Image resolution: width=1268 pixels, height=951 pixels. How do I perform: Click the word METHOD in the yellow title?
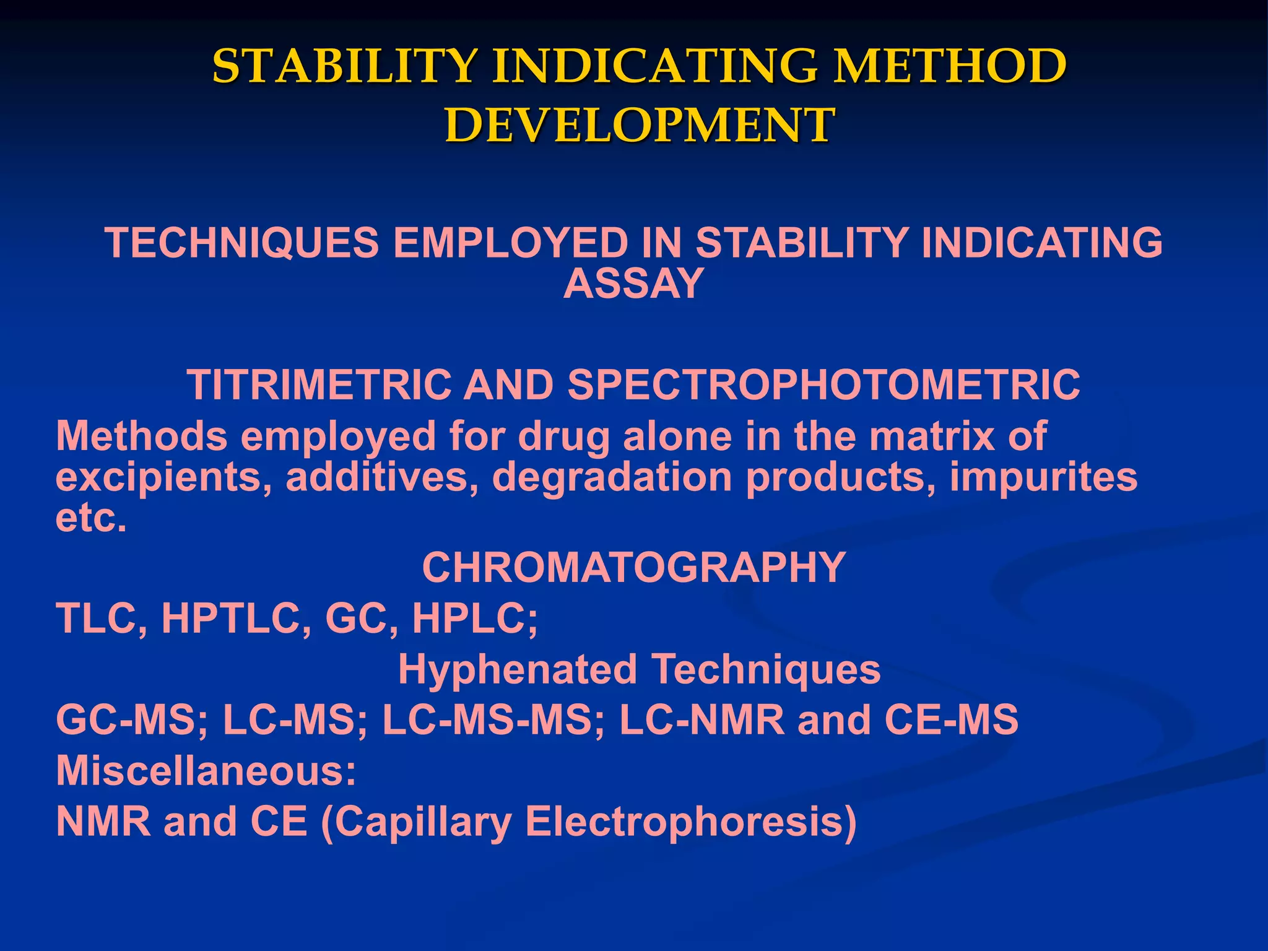pyautogui.click(x=949, y=66)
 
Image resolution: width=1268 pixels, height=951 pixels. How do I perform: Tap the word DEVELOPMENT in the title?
pyautogui.click(x=640, y=126)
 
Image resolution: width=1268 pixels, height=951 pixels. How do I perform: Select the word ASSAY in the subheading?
pyautogui.click(x=633, y=284)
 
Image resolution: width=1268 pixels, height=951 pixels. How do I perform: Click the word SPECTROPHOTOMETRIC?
pyautogui.click(x=823, y=385)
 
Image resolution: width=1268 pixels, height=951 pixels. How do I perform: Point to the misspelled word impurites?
pyautogui.click(x=1043, y=477)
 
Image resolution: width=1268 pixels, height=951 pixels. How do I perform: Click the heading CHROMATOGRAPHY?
pyautogui.click(x=633, y=568)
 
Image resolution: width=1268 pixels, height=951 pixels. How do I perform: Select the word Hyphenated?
pyautogui.click(x=517, y=670)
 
